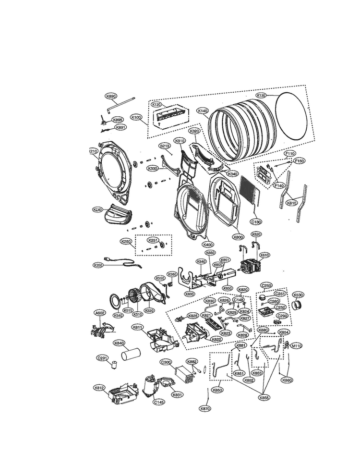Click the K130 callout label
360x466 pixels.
[261, 96]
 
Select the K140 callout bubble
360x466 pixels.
[203, 110]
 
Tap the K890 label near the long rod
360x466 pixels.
[111, 96]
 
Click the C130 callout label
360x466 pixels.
[257, 221]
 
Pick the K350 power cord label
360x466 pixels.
[98, 265]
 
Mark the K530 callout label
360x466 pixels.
[298, 294]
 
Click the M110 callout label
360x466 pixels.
[297, 346]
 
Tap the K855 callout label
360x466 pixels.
[264, 398]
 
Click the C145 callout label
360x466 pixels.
[159, 402]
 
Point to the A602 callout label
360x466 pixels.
[99, 313]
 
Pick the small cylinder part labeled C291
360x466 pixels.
[115, 366]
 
